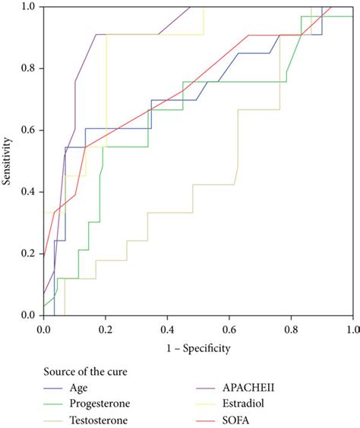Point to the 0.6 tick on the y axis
[29, 130]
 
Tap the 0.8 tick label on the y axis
[29, 68]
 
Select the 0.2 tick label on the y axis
[29, 253]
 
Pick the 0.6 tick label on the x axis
[229, 329]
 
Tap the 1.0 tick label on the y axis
[29, 7]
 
